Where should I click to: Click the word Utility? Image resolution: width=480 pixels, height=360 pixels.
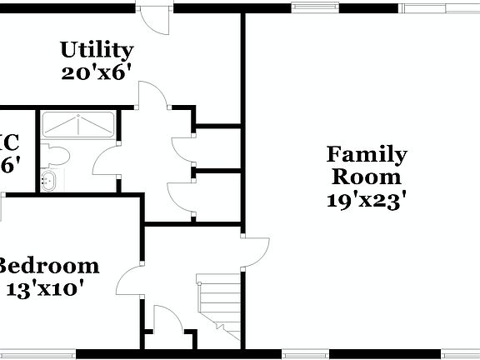[x=97, y=49]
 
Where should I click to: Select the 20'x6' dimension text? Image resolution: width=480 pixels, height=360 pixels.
[x=97, y=72]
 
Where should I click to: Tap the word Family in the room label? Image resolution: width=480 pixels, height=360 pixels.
[x=367, y=155]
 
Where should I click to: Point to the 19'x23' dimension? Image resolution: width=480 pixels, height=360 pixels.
[x=367, y=200]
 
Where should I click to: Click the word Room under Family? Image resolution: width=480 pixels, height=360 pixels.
[x=367, y=177]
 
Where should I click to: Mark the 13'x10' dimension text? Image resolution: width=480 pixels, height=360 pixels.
[x=47, y=289]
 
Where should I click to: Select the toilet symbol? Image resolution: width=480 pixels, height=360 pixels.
[x=55, y=156]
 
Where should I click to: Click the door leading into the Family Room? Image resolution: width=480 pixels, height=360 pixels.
[x=256, y=247]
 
